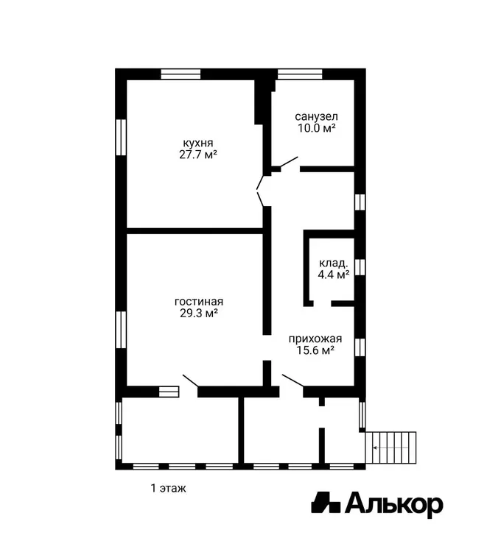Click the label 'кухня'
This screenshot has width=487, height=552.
pyautogui.click(x=197, y=143)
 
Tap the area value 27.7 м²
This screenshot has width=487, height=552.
pyautogui.click(x=197, y=155)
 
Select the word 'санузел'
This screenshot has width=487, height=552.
pyautogui.click(x=316, y=116)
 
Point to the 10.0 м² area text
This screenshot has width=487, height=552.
pyautogui.click(x=316, y=128)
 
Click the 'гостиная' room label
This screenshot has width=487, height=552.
pyautogui.click(x=199, y=302)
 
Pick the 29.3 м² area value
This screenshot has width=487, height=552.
pyautogui.click(x=199, y=313)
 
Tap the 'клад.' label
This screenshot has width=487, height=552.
pyautogui.click(x=333, y=263)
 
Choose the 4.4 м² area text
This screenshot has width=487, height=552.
pyautogui.click(x=333, y=275)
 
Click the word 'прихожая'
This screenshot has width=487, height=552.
pyautogui.click(x=315, y=339)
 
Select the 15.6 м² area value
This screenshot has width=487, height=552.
pyautogui.click(x=315, y=350)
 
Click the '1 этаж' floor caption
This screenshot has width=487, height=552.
pyautogui.click(x=169, y=488)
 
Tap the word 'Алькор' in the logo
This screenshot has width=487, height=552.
pyautogui.click(x=393, y=504)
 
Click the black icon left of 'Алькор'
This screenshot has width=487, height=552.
pyautogui.click(x=326, y=502)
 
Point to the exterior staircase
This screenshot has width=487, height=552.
pyautogui.click(x=390, y=447)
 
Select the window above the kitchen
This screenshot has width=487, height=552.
pyautogui.click(x=181, y=74)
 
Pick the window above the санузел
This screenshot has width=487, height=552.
pyautogui.click(x=300, y=74)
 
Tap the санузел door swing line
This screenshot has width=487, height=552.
pyautogui.click(x=289, y=162)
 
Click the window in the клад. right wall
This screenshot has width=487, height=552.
pyautogui.click(x=360, y=267)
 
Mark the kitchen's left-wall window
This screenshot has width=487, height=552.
pyautogui.click(x=121, y=138)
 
